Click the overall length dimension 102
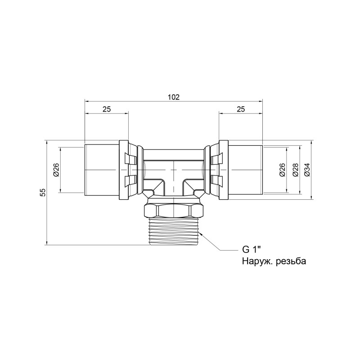[x=174, y=97]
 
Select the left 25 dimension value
[x=106, y=109]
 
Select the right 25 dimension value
[x=241, y=109]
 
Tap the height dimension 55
[x=42, y=192]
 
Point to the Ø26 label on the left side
[x=56, y=170]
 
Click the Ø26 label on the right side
[x=282, y=170]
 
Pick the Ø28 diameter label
[x=295, y=170]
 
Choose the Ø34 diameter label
[x=307, y=170]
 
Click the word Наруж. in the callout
[x=255, y=261]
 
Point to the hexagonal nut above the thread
[x=174, y=210]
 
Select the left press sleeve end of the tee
[x=101, y=170]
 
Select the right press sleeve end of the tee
[x=246, y=170]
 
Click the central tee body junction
[x=174, y=173]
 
